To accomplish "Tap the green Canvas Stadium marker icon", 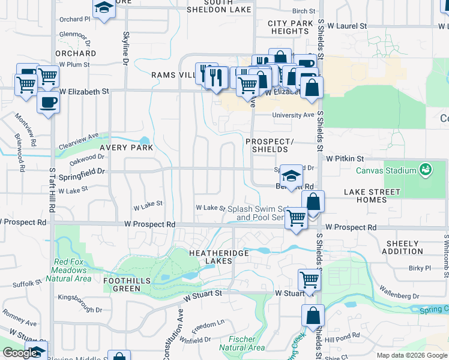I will point(426,170).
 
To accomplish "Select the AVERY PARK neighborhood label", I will point(126,147).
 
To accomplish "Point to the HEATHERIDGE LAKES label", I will point(219,257).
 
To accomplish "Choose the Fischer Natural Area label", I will point(242,344).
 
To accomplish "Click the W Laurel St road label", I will point(347,26).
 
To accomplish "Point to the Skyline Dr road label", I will point(126,49).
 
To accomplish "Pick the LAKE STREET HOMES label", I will point(372,196).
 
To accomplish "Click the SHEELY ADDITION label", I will point(403,247).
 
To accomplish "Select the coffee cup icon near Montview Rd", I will point(48,101).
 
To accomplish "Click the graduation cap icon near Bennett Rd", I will point(291,176).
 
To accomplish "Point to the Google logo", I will point(21,353).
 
